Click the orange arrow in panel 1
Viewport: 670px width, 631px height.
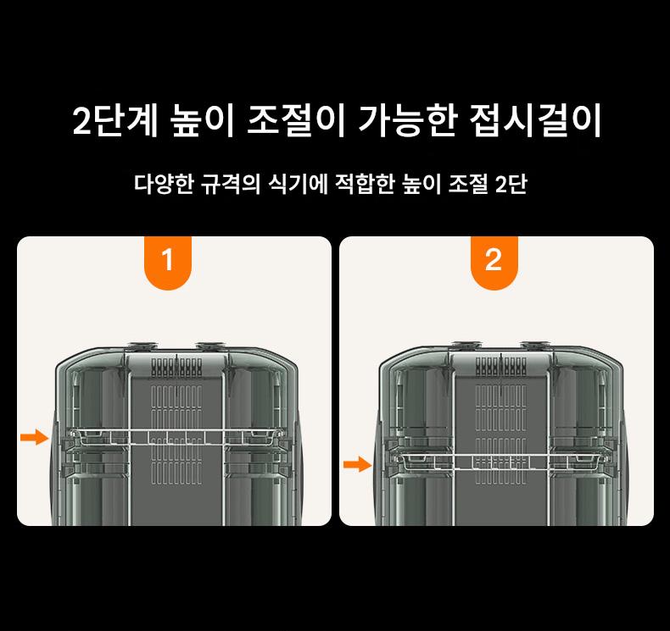pyautogui.click(x=35, y=437)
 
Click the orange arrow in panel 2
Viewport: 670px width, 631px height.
pyautogui.click(x=358, y=464)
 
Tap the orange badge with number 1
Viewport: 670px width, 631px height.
pyautogui.click(x=168, y=263)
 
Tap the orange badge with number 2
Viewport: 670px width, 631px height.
pyautogui.click(x=494, y=263)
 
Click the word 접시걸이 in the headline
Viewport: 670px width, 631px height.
pyautogui.click(x=535, y=120)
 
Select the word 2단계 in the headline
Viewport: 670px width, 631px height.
pyautogui.click(x=115, y=120)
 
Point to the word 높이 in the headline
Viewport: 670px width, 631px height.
pyautogui.click(x=202, y=120)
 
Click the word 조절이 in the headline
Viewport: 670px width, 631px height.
pyautogui.click(x=296, y=120)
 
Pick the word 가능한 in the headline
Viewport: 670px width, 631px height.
pyautogui.click(x=408, y=120)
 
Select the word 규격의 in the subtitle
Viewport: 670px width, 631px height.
pyautogui.click(x=231, y=185)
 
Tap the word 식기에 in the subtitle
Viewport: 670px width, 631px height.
pyautogui.click(x=298, y=185)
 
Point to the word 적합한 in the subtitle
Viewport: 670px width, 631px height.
pyautogui.click(x=365, y=185)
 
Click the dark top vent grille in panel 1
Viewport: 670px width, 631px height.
pyautogui.click(x=176, y=367)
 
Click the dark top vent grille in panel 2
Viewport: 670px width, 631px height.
pyautogui.click(x=500, y=366)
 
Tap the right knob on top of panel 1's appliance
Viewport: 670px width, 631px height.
pyautogui.click(x=209, y=346)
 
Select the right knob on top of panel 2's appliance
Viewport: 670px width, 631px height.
pyautogui.click(x=534, y=345)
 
